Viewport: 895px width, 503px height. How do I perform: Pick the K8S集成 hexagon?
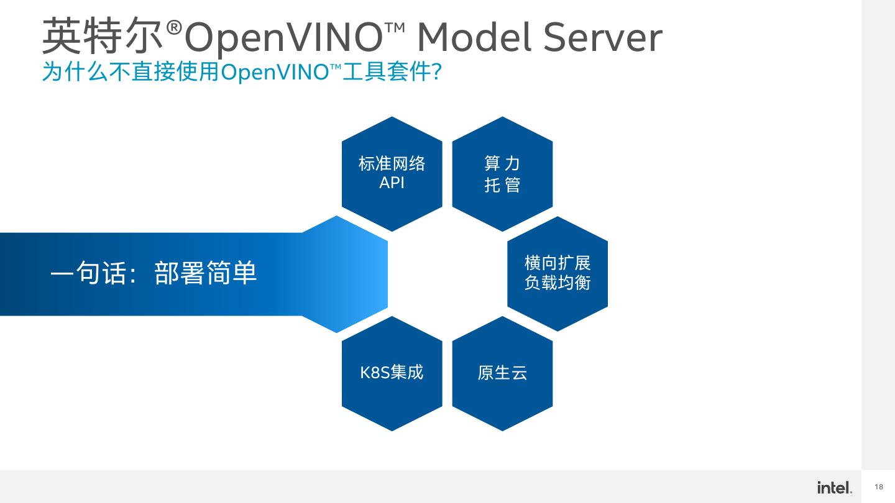click(x=392, y=397)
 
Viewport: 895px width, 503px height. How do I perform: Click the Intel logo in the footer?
click(x=834, y=487)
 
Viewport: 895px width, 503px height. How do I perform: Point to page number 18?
click(x=879, y=487)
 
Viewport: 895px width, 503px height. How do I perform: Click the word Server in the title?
click(x=602, y=37)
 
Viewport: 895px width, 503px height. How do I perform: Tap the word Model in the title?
click(x=474, y=37)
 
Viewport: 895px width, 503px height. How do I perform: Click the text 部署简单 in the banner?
click(x=206, y=274)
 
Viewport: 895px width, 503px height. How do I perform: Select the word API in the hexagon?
click(x=392, y=183)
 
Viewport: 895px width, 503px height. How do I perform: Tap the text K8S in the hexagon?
click(x=374, y=373)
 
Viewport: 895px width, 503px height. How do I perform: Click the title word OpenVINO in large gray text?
click(x=283, y=38)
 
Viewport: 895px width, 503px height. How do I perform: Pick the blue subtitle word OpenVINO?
click(x=274, y=73)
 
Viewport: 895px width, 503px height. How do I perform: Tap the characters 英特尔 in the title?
click(x=103, y=37)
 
